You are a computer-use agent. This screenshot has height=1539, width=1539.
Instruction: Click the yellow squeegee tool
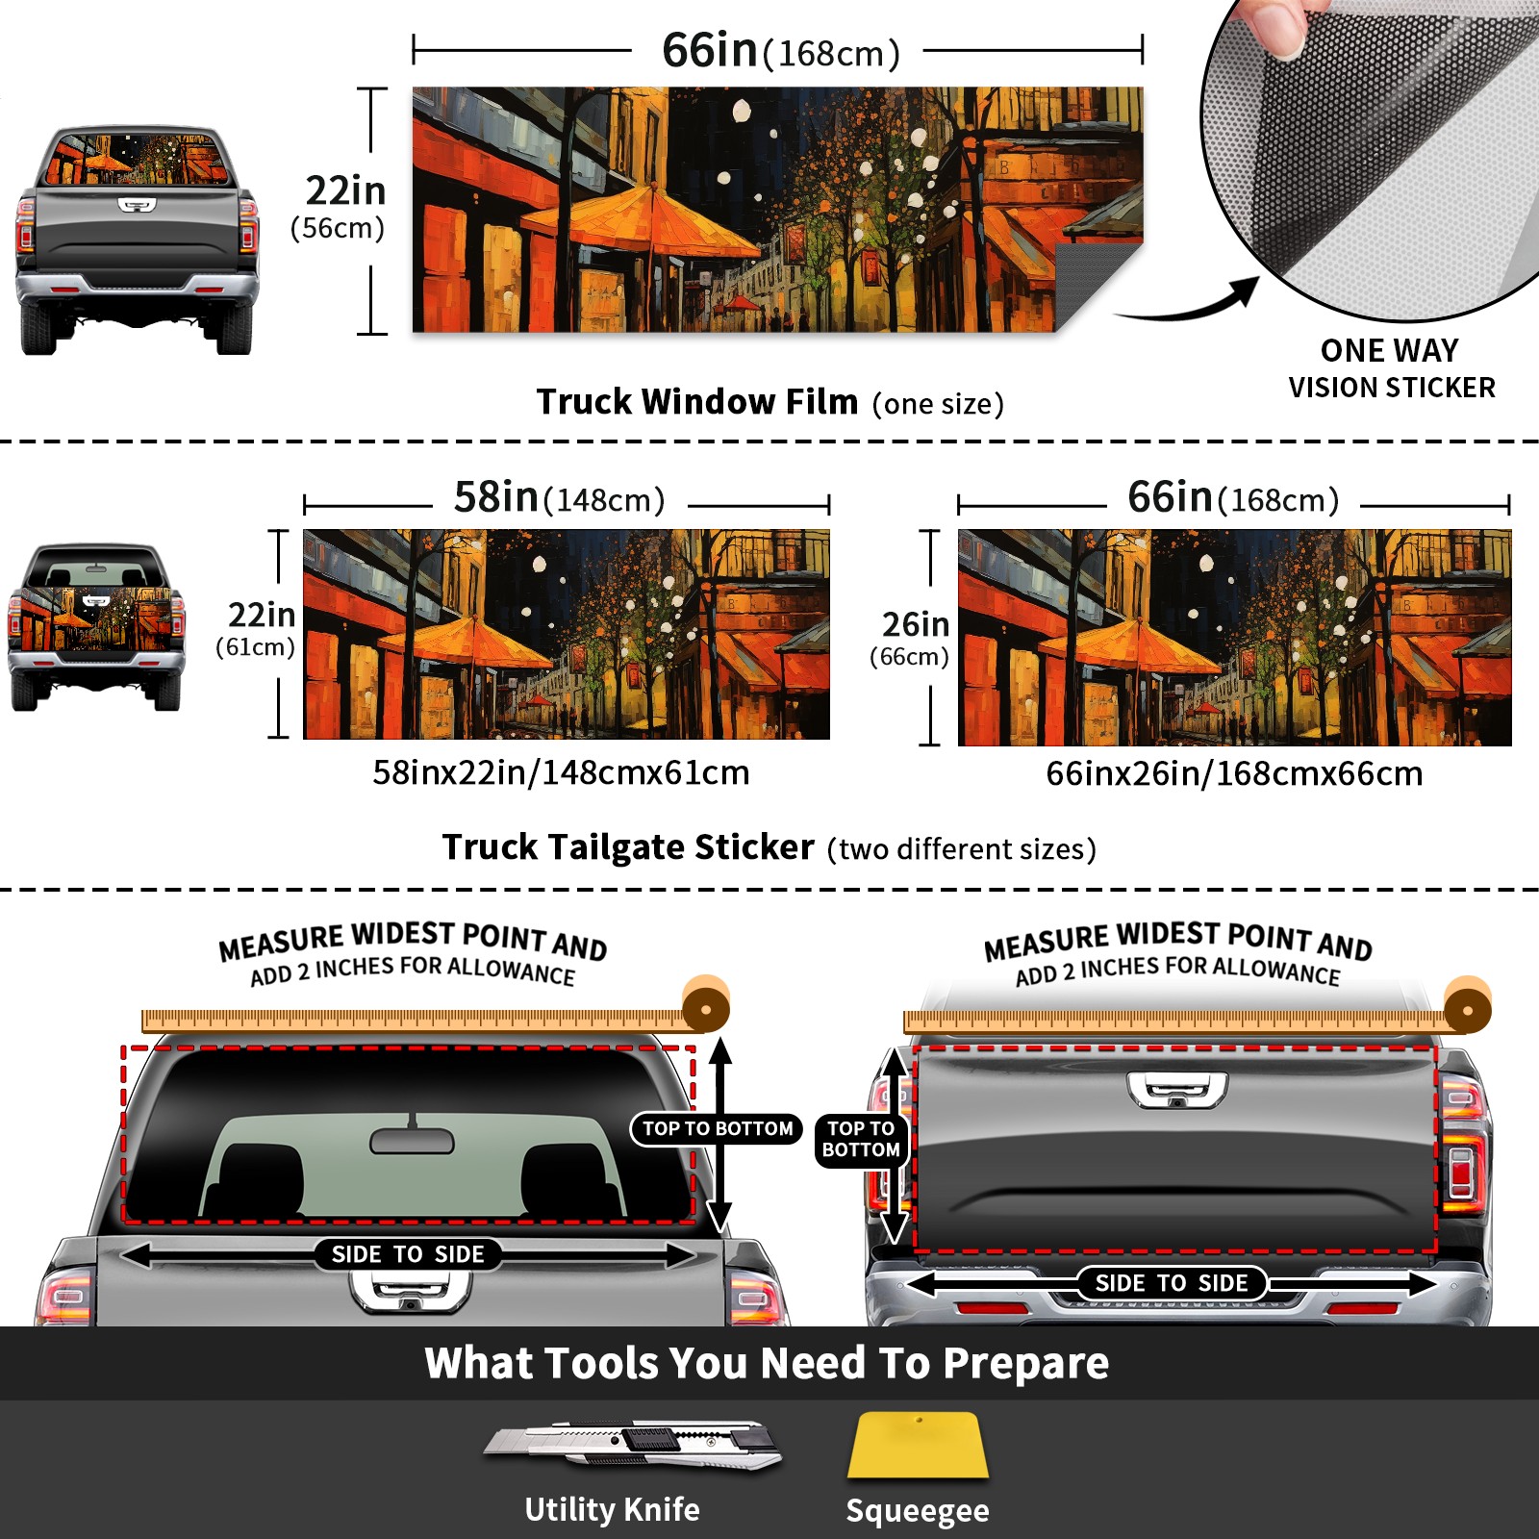918,1445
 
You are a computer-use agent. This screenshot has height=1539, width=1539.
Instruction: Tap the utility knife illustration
633,1444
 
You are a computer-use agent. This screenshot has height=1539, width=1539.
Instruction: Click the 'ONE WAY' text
1389,350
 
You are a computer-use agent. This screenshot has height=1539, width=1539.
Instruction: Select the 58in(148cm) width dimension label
559,497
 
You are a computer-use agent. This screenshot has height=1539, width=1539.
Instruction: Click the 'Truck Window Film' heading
696,401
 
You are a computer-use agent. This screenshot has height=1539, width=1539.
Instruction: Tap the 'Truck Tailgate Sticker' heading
627,847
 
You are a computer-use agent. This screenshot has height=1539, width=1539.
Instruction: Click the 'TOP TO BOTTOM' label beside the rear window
718,1128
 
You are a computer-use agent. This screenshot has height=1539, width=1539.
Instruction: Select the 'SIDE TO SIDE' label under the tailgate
1171,1283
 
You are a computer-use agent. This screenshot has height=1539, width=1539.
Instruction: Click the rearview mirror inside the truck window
412,1140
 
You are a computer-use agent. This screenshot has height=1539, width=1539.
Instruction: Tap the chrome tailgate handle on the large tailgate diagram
1177,1089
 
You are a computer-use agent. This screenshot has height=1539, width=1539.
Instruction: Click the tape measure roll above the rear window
706,1006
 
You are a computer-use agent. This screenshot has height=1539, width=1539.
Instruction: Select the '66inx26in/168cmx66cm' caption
1234,773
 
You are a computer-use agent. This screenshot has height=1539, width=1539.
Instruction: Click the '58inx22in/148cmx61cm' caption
561,772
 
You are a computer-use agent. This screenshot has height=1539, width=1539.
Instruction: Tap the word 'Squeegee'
918,1510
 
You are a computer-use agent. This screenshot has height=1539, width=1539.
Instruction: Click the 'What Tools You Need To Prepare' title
767,1363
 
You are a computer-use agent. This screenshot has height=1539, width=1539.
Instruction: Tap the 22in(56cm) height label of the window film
345,206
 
